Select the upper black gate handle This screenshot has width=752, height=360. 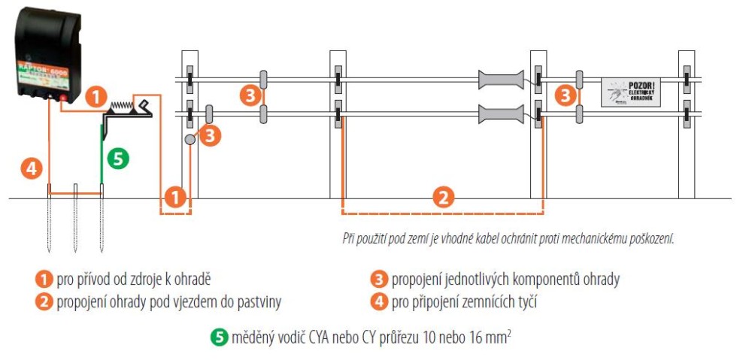click(499, 79)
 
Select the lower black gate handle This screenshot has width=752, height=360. click(499, 114)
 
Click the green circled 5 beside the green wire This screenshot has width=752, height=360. click(118, 158)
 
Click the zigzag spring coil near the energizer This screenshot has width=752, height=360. click(120, 104)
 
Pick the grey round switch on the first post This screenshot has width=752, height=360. click(191, 140)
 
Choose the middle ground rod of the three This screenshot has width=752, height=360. click(74, 218)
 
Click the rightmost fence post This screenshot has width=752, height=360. click(687, 120)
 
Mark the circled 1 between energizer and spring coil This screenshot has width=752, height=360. click(95, 95)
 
